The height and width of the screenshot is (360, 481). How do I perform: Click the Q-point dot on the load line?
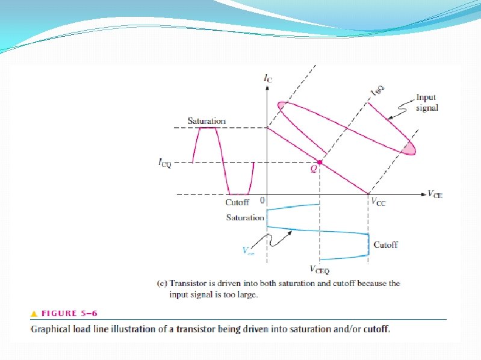click(x=320, y=163)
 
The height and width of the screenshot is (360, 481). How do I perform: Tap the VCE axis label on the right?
click(x=434, y=194)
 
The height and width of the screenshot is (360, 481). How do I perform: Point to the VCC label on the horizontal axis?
click(x=378, y=203)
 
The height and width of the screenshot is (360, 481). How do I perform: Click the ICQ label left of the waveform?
click(x=164, y=163)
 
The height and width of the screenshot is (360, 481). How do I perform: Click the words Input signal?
click(x=426, y=102)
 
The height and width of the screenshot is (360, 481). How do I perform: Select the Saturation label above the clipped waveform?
click(x=206, y=121)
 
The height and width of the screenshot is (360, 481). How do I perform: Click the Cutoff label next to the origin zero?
click(x=237, y=202)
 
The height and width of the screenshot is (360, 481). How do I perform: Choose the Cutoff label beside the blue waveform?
click(x=385, y=245)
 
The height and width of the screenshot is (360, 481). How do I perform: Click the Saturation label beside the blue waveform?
click(x=245, y=217)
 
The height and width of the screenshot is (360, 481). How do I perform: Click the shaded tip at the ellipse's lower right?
click(x=409, y=147)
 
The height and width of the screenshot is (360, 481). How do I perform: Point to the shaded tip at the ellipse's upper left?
click(x=282, y=107)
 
